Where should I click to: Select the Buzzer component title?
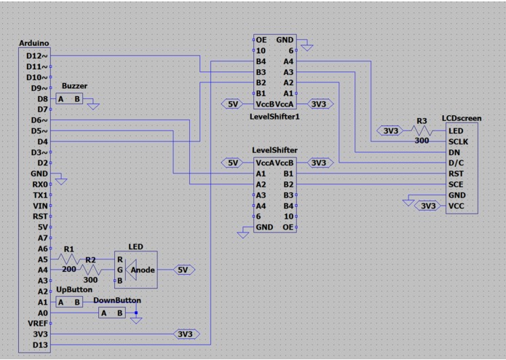click(x=74, y=86)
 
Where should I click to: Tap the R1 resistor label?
click(x=70, y=249)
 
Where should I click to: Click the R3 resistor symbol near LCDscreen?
click(x=422, y=131)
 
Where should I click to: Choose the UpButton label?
click(x=74, y=290)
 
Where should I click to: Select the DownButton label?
click(x=116, y=300)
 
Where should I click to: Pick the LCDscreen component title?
click(x=461, y=118)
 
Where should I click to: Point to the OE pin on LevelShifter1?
click(x=261, y=39)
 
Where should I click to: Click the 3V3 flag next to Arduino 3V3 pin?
click(x=185, y=334)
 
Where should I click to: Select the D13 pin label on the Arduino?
click(x=39, y=344)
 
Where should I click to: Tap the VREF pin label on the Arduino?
click(x=38, y=323)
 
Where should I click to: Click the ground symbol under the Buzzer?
click(x=93, y=106)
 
